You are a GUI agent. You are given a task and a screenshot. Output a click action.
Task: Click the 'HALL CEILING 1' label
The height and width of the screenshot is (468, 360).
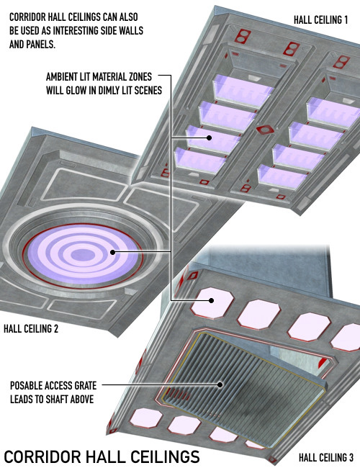pyautogui.click(x=320, y=20)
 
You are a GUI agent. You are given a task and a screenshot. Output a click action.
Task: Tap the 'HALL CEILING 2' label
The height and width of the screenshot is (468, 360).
pyautogui.click(x=31, y=329)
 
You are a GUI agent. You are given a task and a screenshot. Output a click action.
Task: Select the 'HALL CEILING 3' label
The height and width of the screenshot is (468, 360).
pyautogui.click(x=326, y=457)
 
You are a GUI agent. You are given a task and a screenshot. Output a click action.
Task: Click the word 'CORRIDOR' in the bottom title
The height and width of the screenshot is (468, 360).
pyautogui.click(x=42, y=457)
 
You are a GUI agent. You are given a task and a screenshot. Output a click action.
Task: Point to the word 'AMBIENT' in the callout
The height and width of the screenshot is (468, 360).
pyautogui.click(x=61, y=77)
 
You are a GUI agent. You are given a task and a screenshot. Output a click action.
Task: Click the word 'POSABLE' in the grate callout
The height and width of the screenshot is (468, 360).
pyautogui.click(x=26, y=385)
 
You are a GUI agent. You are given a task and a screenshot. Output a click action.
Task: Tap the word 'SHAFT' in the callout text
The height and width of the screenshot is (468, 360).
pyautogui.click(x=58, y=400)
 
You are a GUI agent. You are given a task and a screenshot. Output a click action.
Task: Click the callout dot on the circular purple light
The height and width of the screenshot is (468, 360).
pyautogui.click(x=112, y=252)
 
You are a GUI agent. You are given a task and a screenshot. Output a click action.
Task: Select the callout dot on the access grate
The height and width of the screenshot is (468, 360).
pyautogui.click(x=220, y=384)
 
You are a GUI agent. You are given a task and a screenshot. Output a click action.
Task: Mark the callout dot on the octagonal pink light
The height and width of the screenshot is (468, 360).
pyautogui.click(x=212, y=300)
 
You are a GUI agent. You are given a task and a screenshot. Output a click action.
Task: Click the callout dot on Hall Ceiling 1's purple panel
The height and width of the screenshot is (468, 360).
pyautogui.click(x=210, y=138)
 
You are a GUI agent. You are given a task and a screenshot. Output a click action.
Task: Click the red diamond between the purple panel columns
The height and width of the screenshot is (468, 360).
pyautogui.click(x=265, y=130)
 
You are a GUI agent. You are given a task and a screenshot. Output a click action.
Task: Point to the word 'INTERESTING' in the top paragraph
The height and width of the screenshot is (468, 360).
pyautogui.click(x=79, y=31)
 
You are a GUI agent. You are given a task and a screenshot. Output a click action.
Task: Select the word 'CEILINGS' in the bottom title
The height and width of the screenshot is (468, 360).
pyautogui.click(x=166, y=457)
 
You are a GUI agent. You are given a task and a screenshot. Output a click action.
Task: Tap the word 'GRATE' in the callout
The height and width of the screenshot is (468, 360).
pyautogui.click(x=85, y=385)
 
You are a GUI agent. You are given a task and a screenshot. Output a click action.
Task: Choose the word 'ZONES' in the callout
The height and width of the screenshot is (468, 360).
pyautogui.click(x=140, y=77)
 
